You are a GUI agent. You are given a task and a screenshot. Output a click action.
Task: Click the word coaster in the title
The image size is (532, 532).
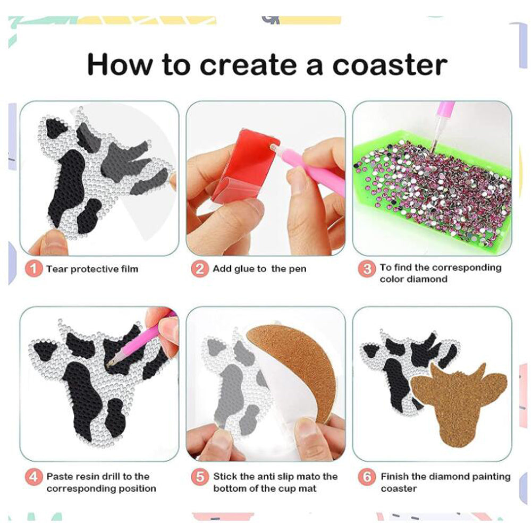(x=390, y=65)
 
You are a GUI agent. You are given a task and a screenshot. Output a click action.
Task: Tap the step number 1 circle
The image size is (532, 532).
(x=33, y=269)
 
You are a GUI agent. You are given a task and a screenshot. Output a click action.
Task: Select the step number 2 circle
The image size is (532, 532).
(x=199, y=269)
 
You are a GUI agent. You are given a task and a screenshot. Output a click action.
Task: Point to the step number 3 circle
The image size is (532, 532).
(x=367, y=269)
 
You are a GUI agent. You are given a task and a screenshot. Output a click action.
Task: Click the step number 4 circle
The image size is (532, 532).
(x=33, y=477)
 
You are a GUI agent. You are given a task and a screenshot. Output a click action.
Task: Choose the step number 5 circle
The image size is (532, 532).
(x=199, y=477)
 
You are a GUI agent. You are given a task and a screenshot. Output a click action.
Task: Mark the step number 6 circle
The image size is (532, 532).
(x=367, y=477)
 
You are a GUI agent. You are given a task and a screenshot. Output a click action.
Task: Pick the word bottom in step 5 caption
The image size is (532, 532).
(x=230, y=488)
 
